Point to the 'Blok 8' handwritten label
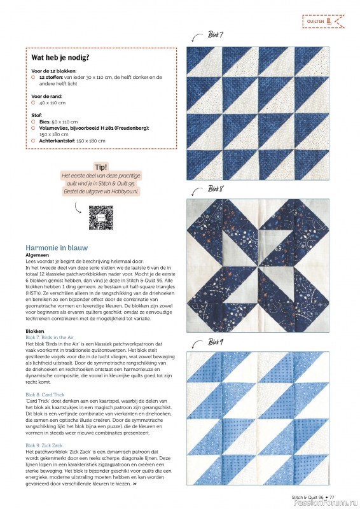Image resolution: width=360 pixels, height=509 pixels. tap(216, 188)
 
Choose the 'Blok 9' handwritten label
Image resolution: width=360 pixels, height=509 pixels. tap(216, 342)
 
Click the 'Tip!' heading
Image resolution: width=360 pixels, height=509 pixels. tap(101, 167)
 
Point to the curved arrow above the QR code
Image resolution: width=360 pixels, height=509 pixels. tap(77, 208)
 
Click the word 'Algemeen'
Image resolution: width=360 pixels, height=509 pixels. tap(37, 255)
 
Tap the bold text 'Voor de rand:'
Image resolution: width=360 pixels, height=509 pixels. tap(48, 96)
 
